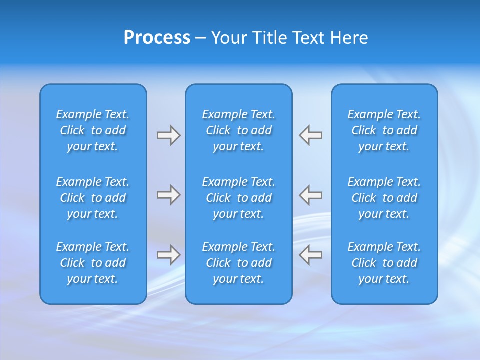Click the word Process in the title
pyautogui.click(x=157, y=38)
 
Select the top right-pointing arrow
pyautogui.click(x=168, y=135)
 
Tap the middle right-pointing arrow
pyautogui.click(x=168, y=195)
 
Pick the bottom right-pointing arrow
pyautogui.click(x=168, y=255)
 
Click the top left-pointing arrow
pyautogui.click(x=310, y=135)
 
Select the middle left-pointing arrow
pyautogui.click(x=310, y=195)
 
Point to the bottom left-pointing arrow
pyautogui.click(x=310, y=255)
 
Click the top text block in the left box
pyautogui.click(x=93, y=130)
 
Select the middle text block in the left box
pyautogui.click(x=93, y=198)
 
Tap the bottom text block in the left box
pyautogui.click(x=93, y=263)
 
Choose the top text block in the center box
pyautogui.click(x=238, y=130)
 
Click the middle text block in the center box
pyautogui.click(x=238, y=198)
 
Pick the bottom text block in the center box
pyautogui.click(x=238, y=263)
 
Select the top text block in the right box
pyautogui.click(x=384, y=130)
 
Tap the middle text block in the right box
pyautogui.click(x=384, y=198)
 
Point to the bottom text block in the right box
pyautogui.click(x=384, y=263)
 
